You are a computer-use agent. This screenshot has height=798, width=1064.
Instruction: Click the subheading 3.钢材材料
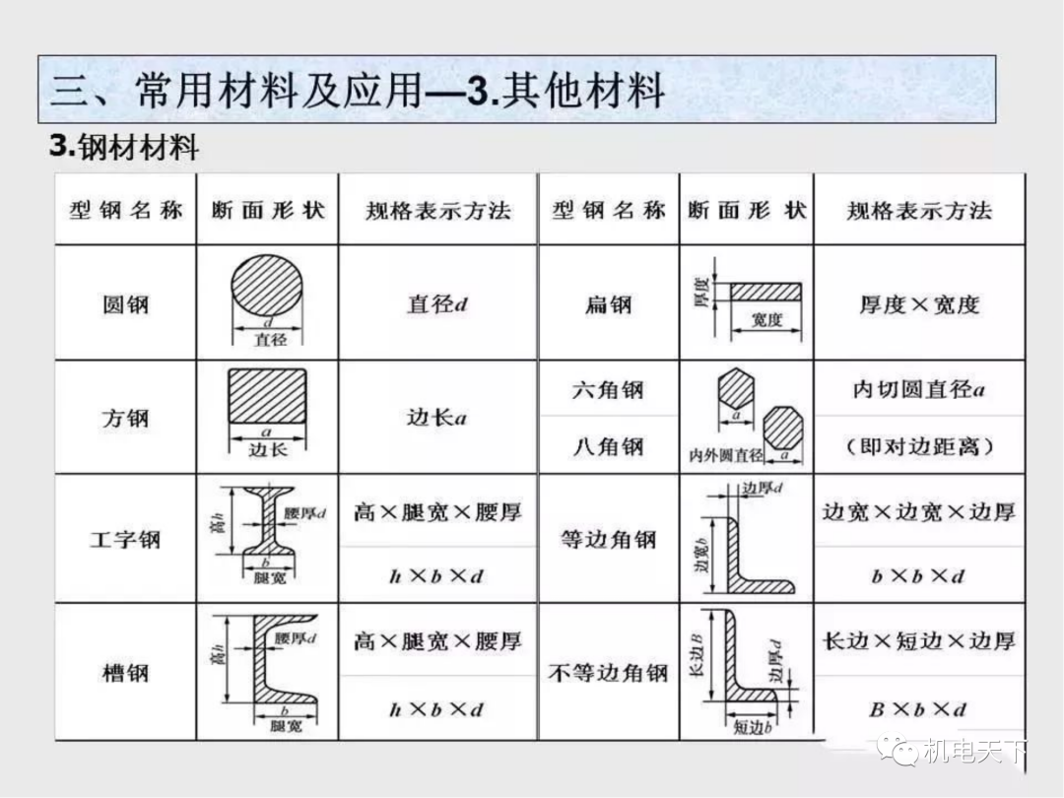124,148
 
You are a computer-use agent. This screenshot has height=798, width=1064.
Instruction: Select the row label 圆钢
125,303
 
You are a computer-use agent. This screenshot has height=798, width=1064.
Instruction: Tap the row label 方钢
125,418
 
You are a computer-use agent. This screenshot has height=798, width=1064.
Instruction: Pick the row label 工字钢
125,540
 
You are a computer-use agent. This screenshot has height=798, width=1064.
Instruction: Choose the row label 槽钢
125,674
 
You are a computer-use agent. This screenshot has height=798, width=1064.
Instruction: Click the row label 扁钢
608,303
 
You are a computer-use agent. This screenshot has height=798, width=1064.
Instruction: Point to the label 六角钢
608,390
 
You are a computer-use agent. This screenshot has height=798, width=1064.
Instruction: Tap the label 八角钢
608,446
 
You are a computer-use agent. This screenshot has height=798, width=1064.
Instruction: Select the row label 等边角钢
608,540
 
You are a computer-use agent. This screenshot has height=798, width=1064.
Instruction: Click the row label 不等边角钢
608,674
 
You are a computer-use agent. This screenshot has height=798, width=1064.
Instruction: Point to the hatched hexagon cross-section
736,389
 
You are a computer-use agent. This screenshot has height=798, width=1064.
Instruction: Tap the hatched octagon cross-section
783,428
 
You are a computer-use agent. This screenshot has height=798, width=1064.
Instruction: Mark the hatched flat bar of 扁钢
765,293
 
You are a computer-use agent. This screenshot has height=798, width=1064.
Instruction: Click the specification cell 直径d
437,303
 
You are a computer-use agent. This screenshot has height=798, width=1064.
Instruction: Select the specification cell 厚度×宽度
919,304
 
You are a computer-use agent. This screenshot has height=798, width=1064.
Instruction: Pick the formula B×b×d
918,709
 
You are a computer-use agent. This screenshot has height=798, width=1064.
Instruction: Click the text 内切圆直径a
919,389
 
